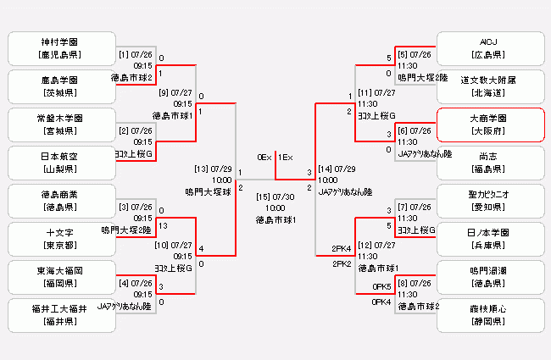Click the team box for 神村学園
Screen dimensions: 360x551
(58, 48)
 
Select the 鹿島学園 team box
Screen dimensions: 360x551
(58, 86)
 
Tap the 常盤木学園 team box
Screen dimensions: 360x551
(58, 125)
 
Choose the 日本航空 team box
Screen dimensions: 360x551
(58, 163)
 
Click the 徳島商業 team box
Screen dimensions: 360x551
(58, 201)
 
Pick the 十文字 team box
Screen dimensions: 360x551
(58, 239)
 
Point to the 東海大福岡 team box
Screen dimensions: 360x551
(58, 277)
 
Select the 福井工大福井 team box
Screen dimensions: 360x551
(58, 315)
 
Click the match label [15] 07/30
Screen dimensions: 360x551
(275, 197)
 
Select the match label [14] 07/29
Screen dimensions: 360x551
(337, 169)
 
